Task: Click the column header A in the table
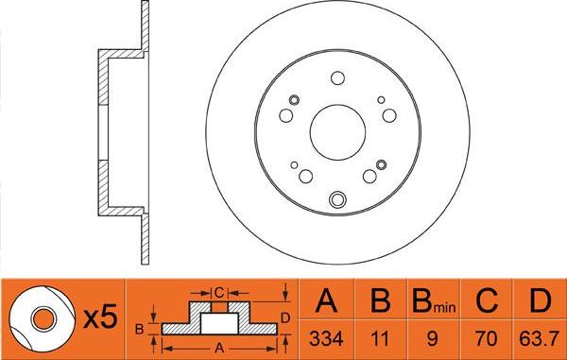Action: pos(328,302)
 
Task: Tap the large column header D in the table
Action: pos(539,302)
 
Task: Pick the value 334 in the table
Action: pos(328,338)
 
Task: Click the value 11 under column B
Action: pos(381,338)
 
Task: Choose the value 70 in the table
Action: pos(488,338)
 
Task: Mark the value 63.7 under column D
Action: pos(539,338)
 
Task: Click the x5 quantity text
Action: pos(98,319)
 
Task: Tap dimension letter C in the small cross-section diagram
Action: pos(218,290)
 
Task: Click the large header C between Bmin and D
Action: pos(488,302)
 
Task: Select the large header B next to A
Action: pos(381,302)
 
